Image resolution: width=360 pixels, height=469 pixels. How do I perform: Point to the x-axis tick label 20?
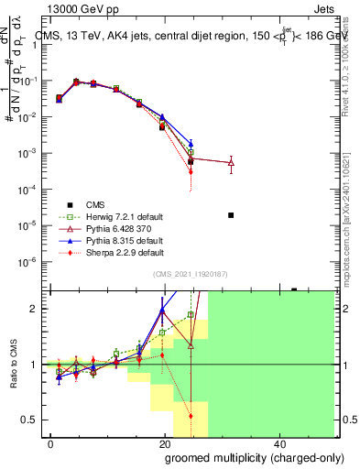click(x=165, y=443)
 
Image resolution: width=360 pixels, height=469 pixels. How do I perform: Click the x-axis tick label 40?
click(x=279, y=443)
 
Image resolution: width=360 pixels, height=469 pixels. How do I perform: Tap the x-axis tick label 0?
click(x=51, y=443)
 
